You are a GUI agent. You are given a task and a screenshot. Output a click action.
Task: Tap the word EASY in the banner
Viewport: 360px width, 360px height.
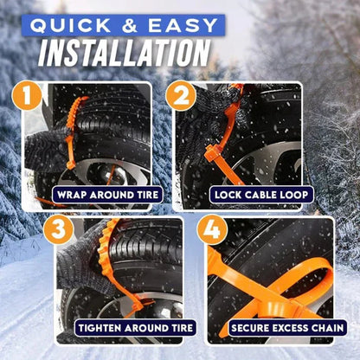pos(185,25)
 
